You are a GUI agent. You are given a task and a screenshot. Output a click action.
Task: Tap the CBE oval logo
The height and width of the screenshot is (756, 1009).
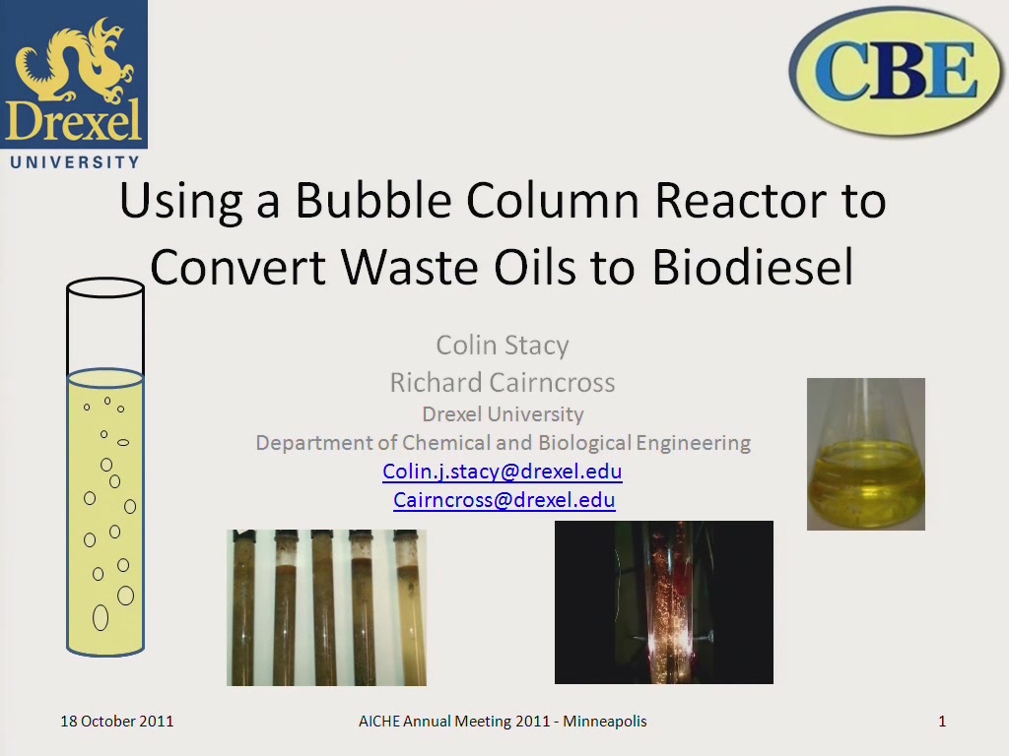click(897, 71)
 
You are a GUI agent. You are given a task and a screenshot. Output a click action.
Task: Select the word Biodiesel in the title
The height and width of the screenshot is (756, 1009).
click(753, 266)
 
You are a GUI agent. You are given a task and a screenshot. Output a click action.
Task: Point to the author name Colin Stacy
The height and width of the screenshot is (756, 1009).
click(503, 346)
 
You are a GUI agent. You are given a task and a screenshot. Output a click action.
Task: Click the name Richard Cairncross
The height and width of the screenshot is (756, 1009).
click(503, 383)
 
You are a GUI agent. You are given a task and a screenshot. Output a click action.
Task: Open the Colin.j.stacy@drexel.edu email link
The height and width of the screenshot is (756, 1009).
click(503, 472)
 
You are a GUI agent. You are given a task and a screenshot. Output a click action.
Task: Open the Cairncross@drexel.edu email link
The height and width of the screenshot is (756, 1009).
click(504, 499)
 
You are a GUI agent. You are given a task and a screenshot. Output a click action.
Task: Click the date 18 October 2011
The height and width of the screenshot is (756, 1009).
click(117, 722)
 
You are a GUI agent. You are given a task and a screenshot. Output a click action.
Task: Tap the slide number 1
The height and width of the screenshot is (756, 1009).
click(942, 722)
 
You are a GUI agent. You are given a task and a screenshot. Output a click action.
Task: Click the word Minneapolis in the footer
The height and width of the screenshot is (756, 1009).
click(605, 722)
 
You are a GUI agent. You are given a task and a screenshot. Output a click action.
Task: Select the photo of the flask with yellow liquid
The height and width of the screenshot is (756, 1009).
click(866, 454)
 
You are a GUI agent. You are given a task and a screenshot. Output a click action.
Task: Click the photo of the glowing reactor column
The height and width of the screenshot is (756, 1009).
click(664, 602)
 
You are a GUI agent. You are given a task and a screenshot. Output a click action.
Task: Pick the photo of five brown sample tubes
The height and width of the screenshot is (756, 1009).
click(326, 607)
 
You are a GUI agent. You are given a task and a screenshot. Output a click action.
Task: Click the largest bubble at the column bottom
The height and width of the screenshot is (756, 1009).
click(101, 618)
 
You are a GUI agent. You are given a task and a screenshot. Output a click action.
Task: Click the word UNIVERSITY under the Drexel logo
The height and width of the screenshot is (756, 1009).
click(75, 162)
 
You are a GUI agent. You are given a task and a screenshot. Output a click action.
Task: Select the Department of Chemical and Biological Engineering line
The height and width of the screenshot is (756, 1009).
click(504, 443)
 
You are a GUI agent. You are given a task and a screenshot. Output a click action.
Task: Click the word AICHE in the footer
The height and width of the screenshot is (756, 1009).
click(379, 722)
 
